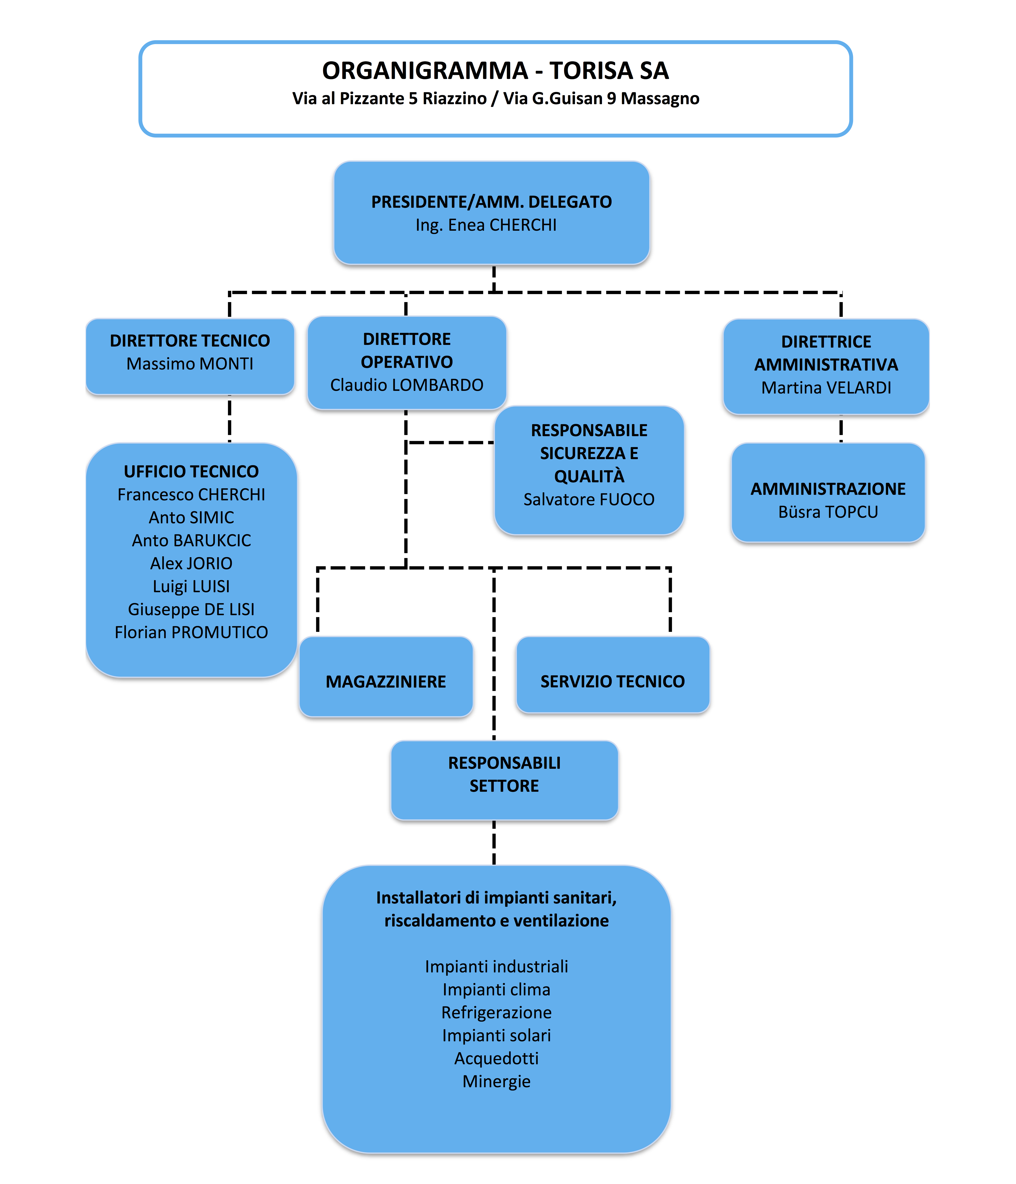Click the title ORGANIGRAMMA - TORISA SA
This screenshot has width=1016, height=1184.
coord(495,70)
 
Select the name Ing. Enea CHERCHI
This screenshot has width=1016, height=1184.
coord(486,225)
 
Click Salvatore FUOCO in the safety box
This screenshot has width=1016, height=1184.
coord(589,500)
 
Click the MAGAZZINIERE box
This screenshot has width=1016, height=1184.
coord(386,676)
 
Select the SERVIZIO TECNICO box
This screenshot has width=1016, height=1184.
coord(613,675)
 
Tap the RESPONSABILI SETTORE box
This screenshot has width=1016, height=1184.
coord(504,781)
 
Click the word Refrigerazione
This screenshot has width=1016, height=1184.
coord(496,1013)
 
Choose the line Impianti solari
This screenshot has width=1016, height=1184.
coord(496,1035)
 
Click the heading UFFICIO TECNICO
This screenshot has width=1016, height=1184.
coord(191,471)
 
